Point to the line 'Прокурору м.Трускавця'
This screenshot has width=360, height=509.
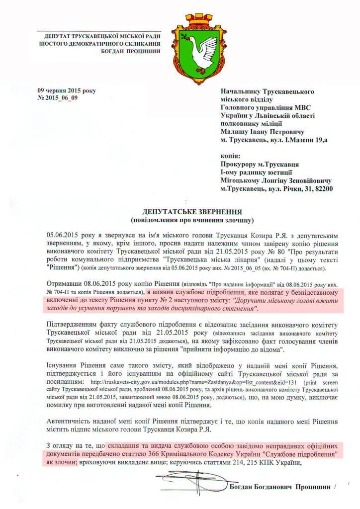point(259,164)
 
